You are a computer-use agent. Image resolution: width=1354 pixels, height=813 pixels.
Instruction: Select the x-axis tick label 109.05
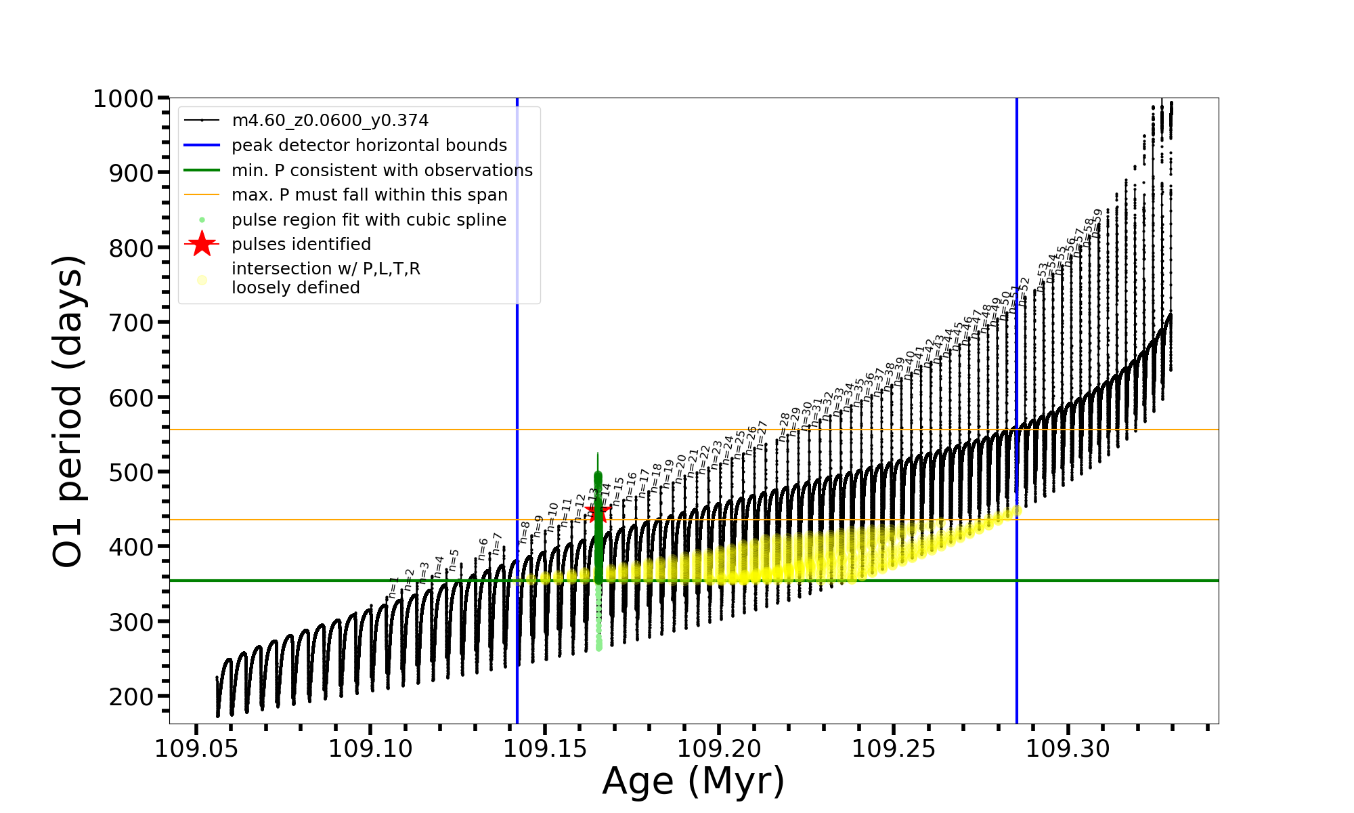pyautogui.click(x=196, y=749)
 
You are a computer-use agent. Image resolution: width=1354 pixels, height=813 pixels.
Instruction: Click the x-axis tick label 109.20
pyautogui.click(x=719, y=749)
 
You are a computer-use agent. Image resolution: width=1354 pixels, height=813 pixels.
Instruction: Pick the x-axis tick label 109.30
pyautogui.click(x=1068, y=749)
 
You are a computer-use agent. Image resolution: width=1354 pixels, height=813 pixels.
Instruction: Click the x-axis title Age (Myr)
pyautogui.click(x=693, y=781)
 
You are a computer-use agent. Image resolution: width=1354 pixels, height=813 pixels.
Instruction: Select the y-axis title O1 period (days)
pyautogui.click(x=68, y=411)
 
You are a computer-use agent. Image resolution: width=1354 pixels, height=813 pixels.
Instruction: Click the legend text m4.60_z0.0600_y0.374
pyautogui.click(x=330, y=121)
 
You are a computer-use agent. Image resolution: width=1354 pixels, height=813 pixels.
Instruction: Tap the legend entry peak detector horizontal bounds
pyautogui.click(x=369, y=146)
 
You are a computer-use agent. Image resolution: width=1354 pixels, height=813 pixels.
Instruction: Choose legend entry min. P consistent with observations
pyautogui.click(x=382, y=171)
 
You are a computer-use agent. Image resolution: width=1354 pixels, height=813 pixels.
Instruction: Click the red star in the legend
pyautogui.click(x=202, y=244)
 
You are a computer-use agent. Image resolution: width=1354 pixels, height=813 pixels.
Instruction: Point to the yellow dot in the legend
pyautogui.click(x=202, y=280)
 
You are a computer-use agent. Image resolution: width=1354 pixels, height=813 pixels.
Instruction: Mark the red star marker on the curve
pyautogui.click(x=598, y=511)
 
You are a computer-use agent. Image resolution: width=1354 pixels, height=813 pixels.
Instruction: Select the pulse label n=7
pyautogui.click(x=498, y=544)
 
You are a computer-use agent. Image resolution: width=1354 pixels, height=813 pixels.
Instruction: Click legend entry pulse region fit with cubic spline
pyautogui.click(x=368, y=220)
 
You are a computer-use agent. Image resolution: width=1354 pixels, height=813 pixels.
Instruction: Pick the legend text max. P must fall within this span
pyautogui.click(x=369, y=195)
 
